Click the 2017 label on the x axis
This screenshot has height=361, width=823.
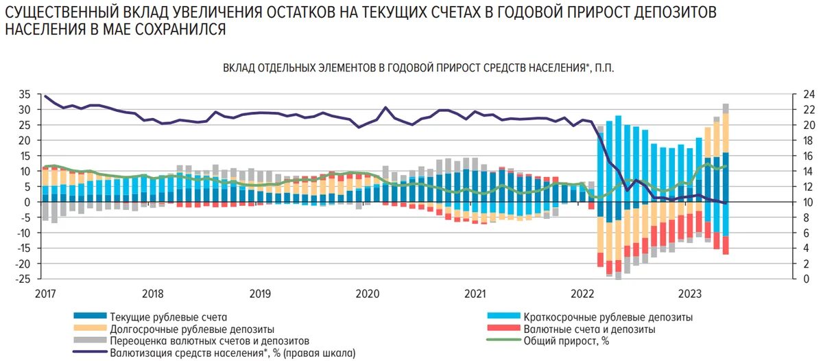(x=45, y=294)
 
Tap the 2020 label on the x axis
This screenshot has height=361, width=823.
(x=368, y=294)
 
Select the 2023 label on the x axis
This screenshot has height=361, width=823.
(x=690, y=294)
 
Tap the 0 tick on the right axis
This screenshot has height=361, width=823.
(x=791, y=279)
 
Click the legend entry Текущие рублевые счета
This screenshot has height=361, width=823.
(x=167, y=317)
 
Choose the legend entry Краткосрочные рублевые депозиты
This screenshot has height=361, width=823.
(x=608, y=317)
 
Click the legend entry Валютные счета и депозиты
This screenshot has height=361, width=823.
(x=589, y=329)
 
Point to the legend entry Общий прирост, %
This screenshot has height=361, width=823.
(x=566, y=340)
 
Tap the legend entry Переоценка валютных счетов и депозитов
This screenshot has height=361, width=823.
(x=209, y=340)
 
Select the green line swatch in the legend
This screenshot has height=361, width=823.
(x=503, y=340)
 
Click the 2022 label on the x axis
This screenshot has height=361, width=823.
(x=583, y=294)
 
